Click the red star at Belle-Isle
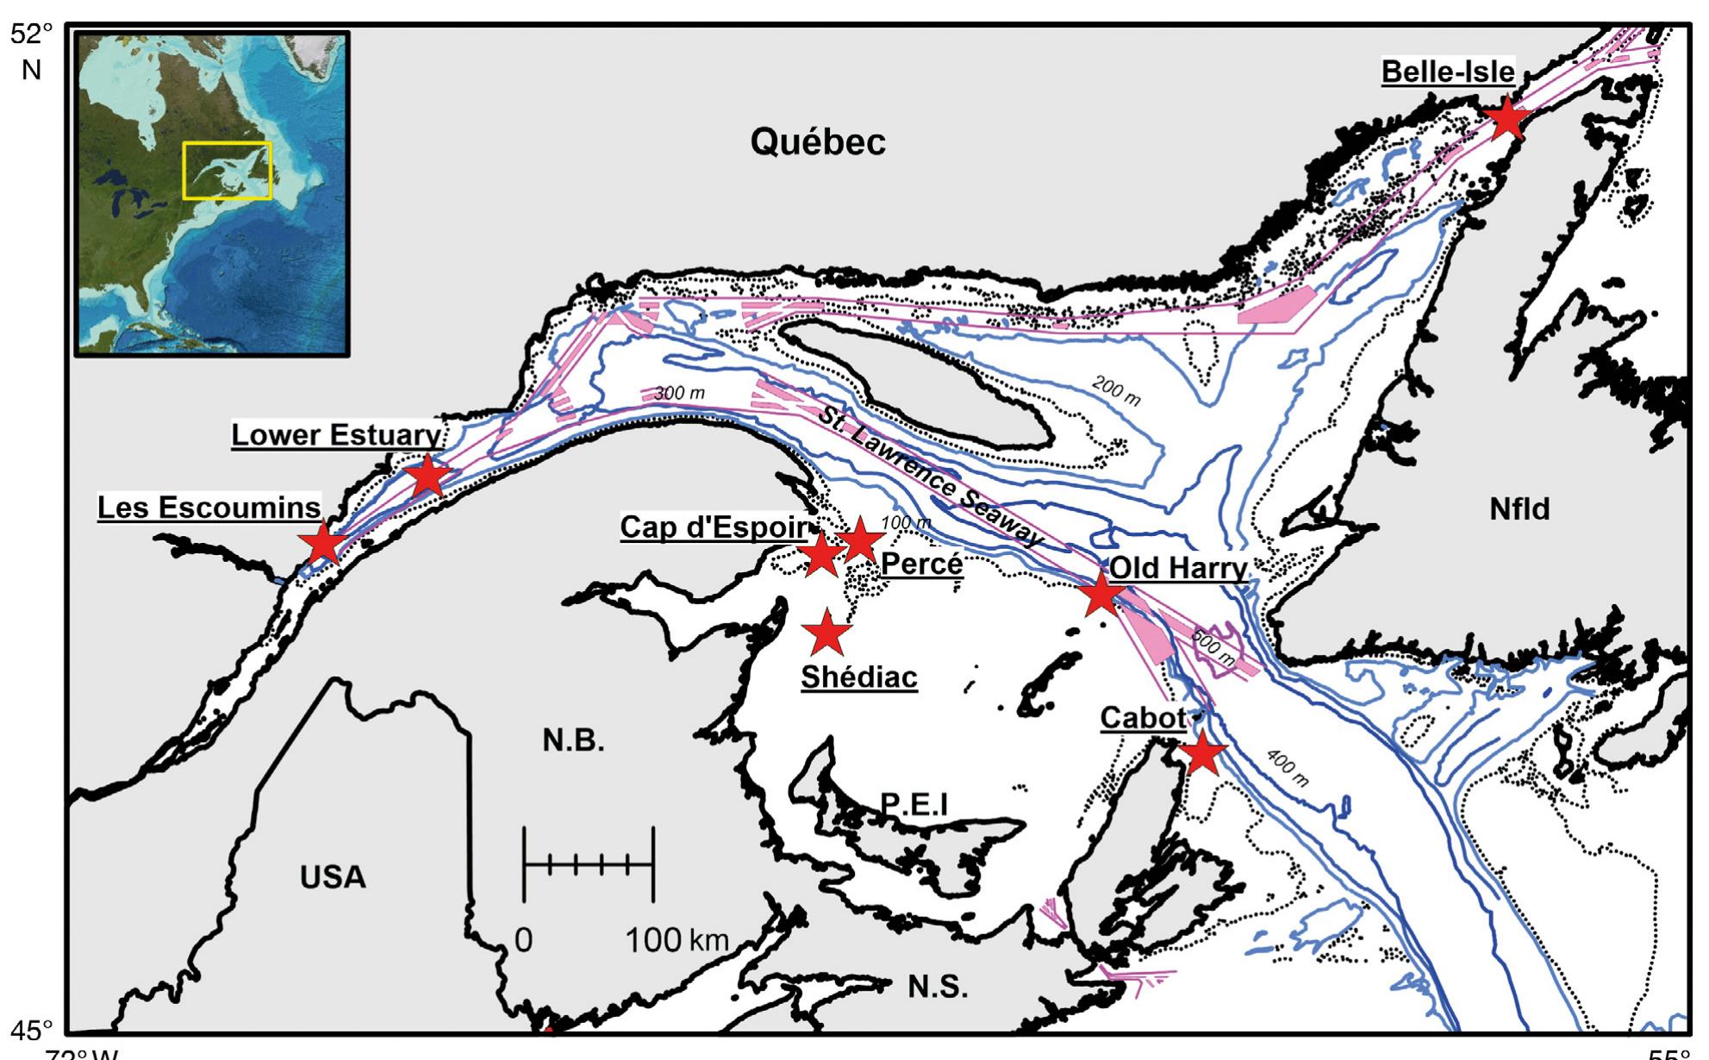pos(1506,117)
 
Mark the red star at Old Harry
pos(1101,595)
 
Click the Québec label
pos(817,142)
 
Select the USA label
pos(333,877)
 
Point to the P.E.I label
pos(914,804)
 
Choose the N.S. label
pos(938,986)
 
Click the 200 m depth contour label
pos(1116,391)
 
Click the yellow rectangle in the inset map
pos(228,171)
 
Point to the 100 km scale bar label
pos(677,939)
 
